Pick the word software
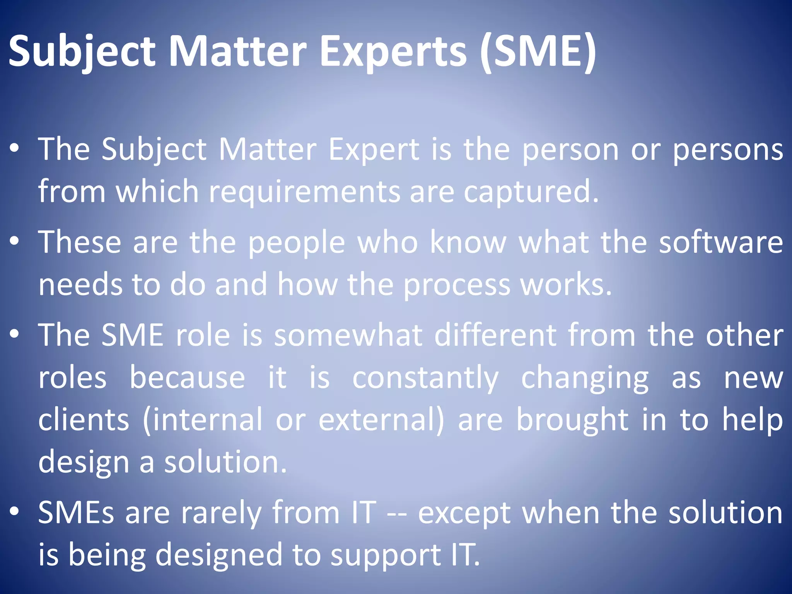pos(721,242)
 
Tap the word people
pos(296,243)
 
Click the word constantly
pos(425,378)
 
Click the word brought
pos(572,421)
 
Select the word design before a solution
pos(83,463)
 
